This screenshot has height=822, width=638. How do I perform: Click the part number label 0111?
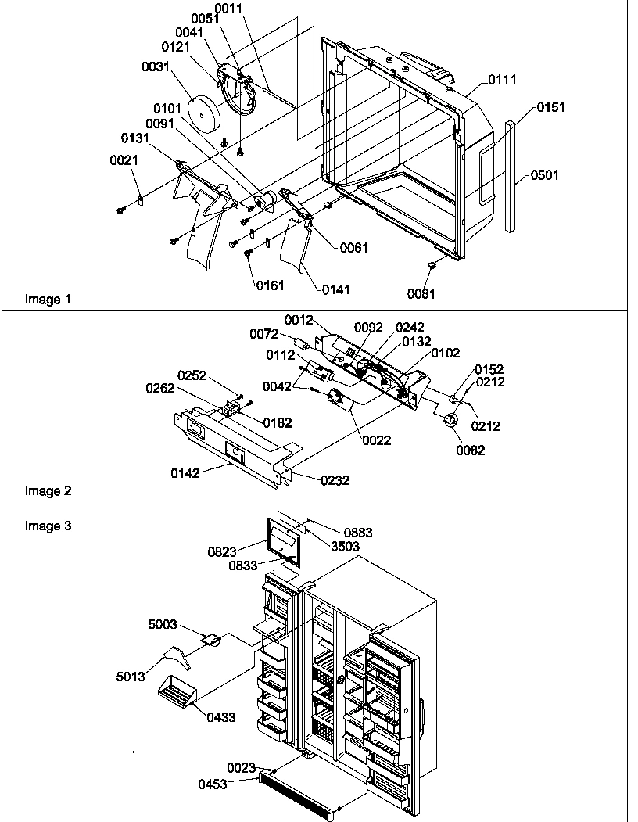click(x=502, y=80)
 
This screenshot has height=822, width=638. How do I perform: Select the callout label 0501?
click(x=545, y=175)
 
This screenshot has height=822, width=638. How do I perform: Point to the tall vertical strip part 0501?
click(x=511, y=176)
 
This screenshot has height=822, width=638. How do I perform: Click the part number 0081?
click(x=421, y=293)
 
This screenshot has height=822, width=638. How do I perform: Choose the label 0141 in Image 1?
click(x=336, y=289)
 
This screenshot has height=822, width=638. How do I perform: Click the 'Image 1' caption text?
click(x=48, y=300)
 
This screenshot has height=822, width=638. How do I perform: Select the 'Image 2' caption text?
click(x=48, y=491)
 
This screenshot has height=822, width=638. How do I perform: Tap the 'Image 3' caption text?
click(x=48, y=526)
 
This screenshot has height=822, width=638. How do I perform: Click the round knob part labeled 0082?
click(x=450, y=421)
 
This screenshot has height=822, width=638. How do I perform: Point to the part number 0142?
click(x=185, y=473)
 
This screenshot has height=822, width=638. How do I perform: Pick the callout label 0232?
click(x=335, y=480)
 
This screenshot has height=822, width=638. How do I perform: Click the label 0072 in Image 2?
click(x=264, y=334)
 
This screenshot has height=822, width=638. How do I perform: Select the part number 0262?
click(x=160, y=389)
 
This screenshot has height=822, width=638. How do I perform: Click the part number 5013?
click(x=131, y=677)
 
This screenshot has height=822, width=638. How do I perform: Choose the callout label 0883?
click(x=358, y=533)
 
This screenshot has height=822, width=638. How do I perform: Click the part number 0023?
click(x=241, y=768)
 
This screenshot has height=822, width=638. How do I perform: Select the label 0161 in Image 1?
click(x=270, y=285)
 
